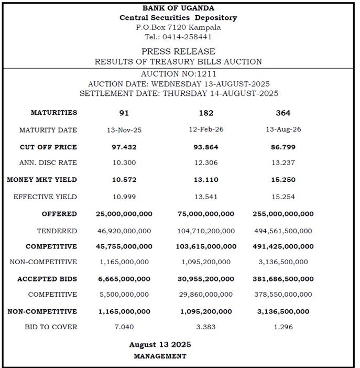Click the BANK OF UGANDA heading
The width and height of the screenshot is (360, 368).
click(178, 8)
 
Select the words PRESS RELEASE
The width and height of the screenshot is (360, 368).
click(178, 51)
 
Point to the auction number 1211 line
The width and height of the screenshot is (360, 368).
click(178, 74)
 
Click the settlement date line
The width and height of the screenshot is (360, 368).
click(179, 93)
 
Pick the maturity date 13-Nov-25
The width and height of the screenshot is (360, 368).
click(124, 130)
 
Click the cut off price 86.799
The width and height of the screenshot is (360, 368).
click(283, 147)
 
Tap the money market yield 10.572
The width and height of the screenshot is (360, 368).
click(124, 180)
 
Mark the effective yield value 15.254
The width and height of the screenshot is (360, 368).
click(283, 197)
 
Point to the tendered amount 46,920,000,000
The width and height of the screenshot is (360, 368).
click(124, 231)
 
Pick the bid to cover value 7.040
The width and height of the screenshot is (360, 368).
click(124, 327)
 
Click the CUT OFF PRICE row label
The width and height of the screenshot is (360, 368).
click(48, 147)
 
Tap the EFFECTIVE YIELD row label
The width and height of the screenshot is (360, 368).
click(48, 197)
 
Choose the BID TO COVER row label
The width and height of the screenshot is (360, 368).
click(51, 327)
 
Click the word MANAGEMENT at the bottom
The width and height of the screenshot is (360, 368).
click(160, 356)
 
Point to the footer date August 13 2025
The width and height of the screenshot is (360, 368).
click(160, 344)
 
